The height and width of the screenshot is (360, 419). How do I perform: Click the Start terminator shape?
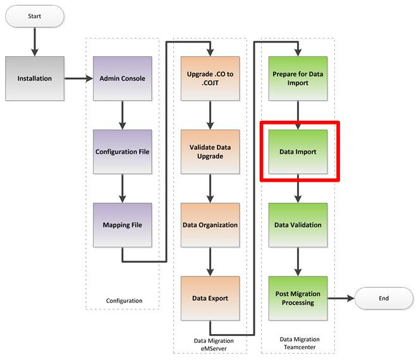pyautogui.click(x=35, y=16)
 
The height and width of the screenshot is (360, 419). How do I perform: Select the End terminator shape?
pyautogui.click(x=384, y=298)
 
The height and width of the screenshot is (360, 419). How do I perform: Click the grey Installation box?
pyautogui.click(x=35, y=78)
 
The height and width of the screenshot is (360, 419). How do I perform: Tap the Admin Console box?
pyautogui.click(x=123, y=78)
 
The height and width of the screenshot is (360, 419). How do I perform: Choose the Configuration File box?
pyautogui.click(x=123, y=152)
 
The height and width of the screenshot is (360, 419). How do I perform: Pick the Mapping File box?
pyautogui.click(x=123, y=225)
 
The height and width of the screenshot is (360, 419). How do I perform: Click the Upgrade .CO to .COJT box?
pyautogui.click(x=210, y=78)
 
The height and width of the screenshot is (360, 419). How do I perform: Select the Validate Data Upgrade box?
pyautogui.click(x=210, y=152)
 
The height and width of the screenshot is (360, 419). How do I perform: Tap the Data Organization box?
pyautogui.click(x=210, y=225)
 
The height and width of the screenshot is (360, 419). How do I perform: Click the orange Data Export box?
pyautogui.click(x=210, y=298)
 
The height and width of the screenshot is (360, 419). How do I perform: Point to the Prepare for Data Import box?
pyautogui.click(x=298, y=78)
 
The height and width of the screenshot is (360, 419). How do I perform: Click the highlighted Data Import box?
pyautogui.click(x=298, y=152)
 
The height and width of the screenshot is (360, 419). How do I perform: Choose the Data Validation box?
pyautogui.click(x=298, y=225)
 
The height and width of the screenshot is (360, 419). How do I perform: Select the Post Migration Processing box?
pyautogui.click(x=298, y=298)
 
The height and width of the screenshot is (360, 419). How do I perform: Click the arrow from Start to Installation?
pyautogui.click(x=35, y=42)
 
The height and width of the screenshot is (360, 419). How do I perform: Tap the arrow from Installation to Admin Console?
pyautogui.click(x=78, y=78)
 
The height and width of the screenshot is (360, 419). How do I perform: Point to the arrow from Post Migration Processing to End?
pyautogui.click(x=341, y=298)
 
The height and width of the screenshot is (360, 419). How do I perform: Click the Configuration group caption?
pyautogui.click(x=124, y=301)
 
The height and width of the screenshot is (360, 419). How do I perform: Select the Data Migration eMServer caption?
pyautogui.click(x=214, y=344)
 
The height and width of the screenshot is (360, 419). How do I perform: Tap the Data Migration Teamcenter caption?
pyautogui.click(x=300, y=343)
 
